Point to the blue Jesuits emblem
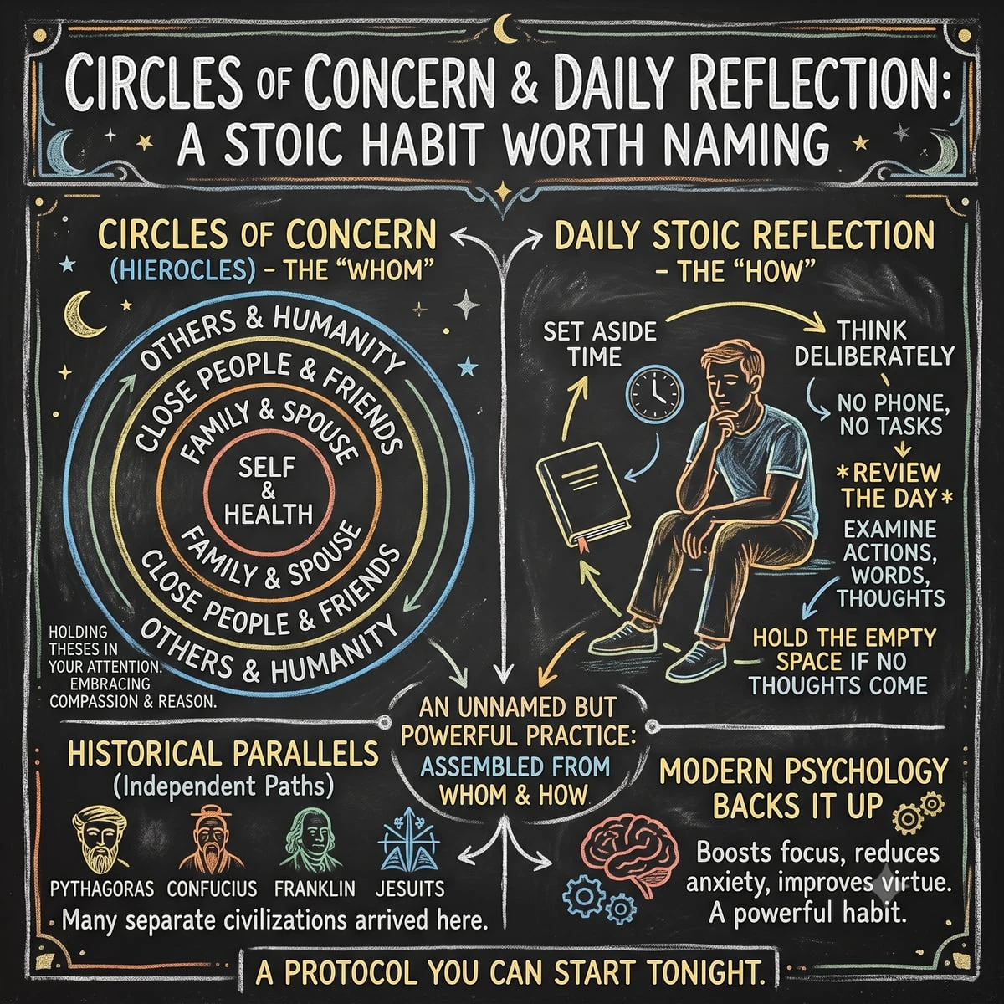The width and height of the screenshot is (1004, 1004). (409, 838)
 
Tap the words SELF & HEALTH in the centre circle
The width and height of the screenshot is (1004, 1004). (268, 490)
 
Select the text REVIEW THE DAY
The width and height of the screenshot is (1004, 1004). (893, 485)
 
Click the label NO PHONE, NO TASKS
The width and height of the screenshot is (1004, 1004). (893, 414)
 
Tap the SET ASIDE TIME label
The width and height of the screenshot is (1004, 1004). (600, 345)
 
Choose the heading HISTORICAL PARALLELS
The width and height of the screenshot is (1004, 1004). (223, 753)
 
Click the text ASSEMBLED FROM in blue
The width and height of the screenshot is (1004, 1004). (515, 767)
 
